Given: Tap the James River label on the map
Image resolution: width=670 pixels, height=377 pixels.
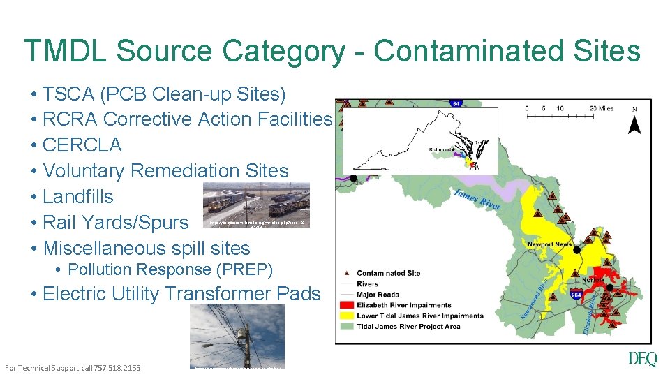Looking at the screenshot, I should [477, 198].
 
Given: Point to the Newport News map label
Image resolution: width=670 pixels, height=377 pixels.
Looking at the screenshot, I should [549, 244].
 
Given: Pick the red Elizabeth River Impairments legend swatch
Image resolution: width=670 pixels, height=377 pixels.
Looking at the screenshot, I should [347, 305].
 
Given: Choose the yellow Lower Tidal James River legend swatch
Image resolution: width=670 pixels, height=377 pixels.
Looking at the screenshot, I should [347, 316].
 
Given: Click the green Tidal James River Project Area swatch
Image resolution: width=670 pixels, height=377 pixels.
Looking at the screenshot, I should [347, 326].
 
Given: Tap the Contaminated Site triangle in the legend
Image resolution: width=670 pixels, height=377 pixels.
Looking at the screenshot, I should [347, 273].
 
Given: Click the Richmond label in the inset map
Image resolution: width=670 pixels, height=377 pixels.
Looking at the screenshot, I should [442, 149].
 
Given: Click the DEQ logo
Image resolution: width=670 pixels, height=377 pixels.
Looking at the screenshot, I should [642, 359].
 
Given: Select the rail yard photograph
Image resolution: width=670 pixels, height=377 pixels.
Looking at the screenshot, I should [256, 205].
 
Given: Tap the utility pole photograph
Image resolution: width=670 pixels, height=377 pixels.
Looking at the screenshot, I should [237, 336].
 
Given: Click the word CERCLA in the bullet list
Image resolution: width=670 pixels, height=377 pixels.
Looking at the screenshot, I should [82, 145].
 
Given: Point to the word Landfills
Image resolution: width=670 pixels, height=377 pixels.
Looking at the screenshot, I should [77, 197].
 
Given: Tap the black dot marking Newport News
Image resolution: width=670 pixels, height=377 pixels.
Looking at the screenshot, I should [576, 249].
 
